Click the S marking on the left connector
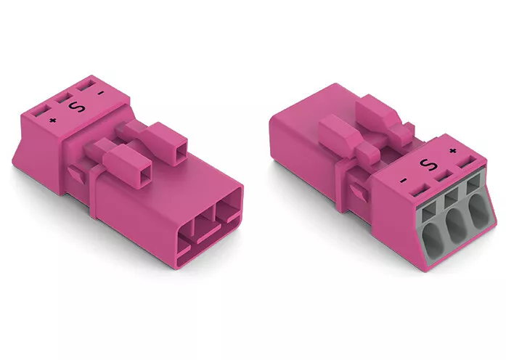pyautogui.click(x=78, y=107)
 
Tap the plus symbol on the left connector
pyautogui.click(x=52, y=120)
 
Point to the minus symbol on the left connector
pyautogui.click(x=101, y=93)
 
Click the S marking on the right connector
pyautogui.click(x=428, y=165)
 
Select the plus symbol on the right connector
pyautogui.click(x=453, y=151)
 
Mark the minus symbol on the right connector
pyautogui.click(x=403, y=181)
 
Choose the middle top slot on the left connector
pyautogui.click(x=63, y=98)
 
